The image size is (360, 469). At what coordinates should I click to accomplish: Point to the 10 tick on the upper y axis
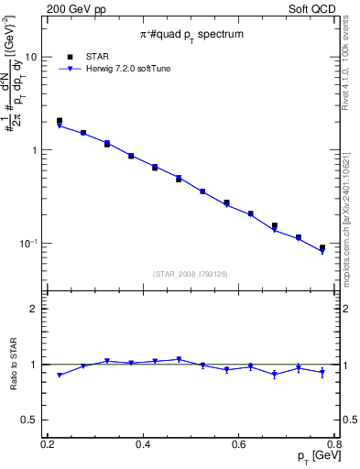coord(30,57)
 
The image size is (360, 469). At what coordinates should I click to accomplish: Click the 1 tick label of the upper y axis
coord(34,150)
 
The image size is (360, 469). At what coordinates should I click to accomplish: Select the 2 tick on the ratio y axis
coord(34,309)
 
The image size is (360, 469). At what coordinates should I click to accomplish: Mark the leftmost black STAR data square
coord(60,120)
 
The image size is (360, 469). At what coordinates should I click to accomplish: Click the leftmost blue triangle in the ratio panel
coord(60,376)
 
